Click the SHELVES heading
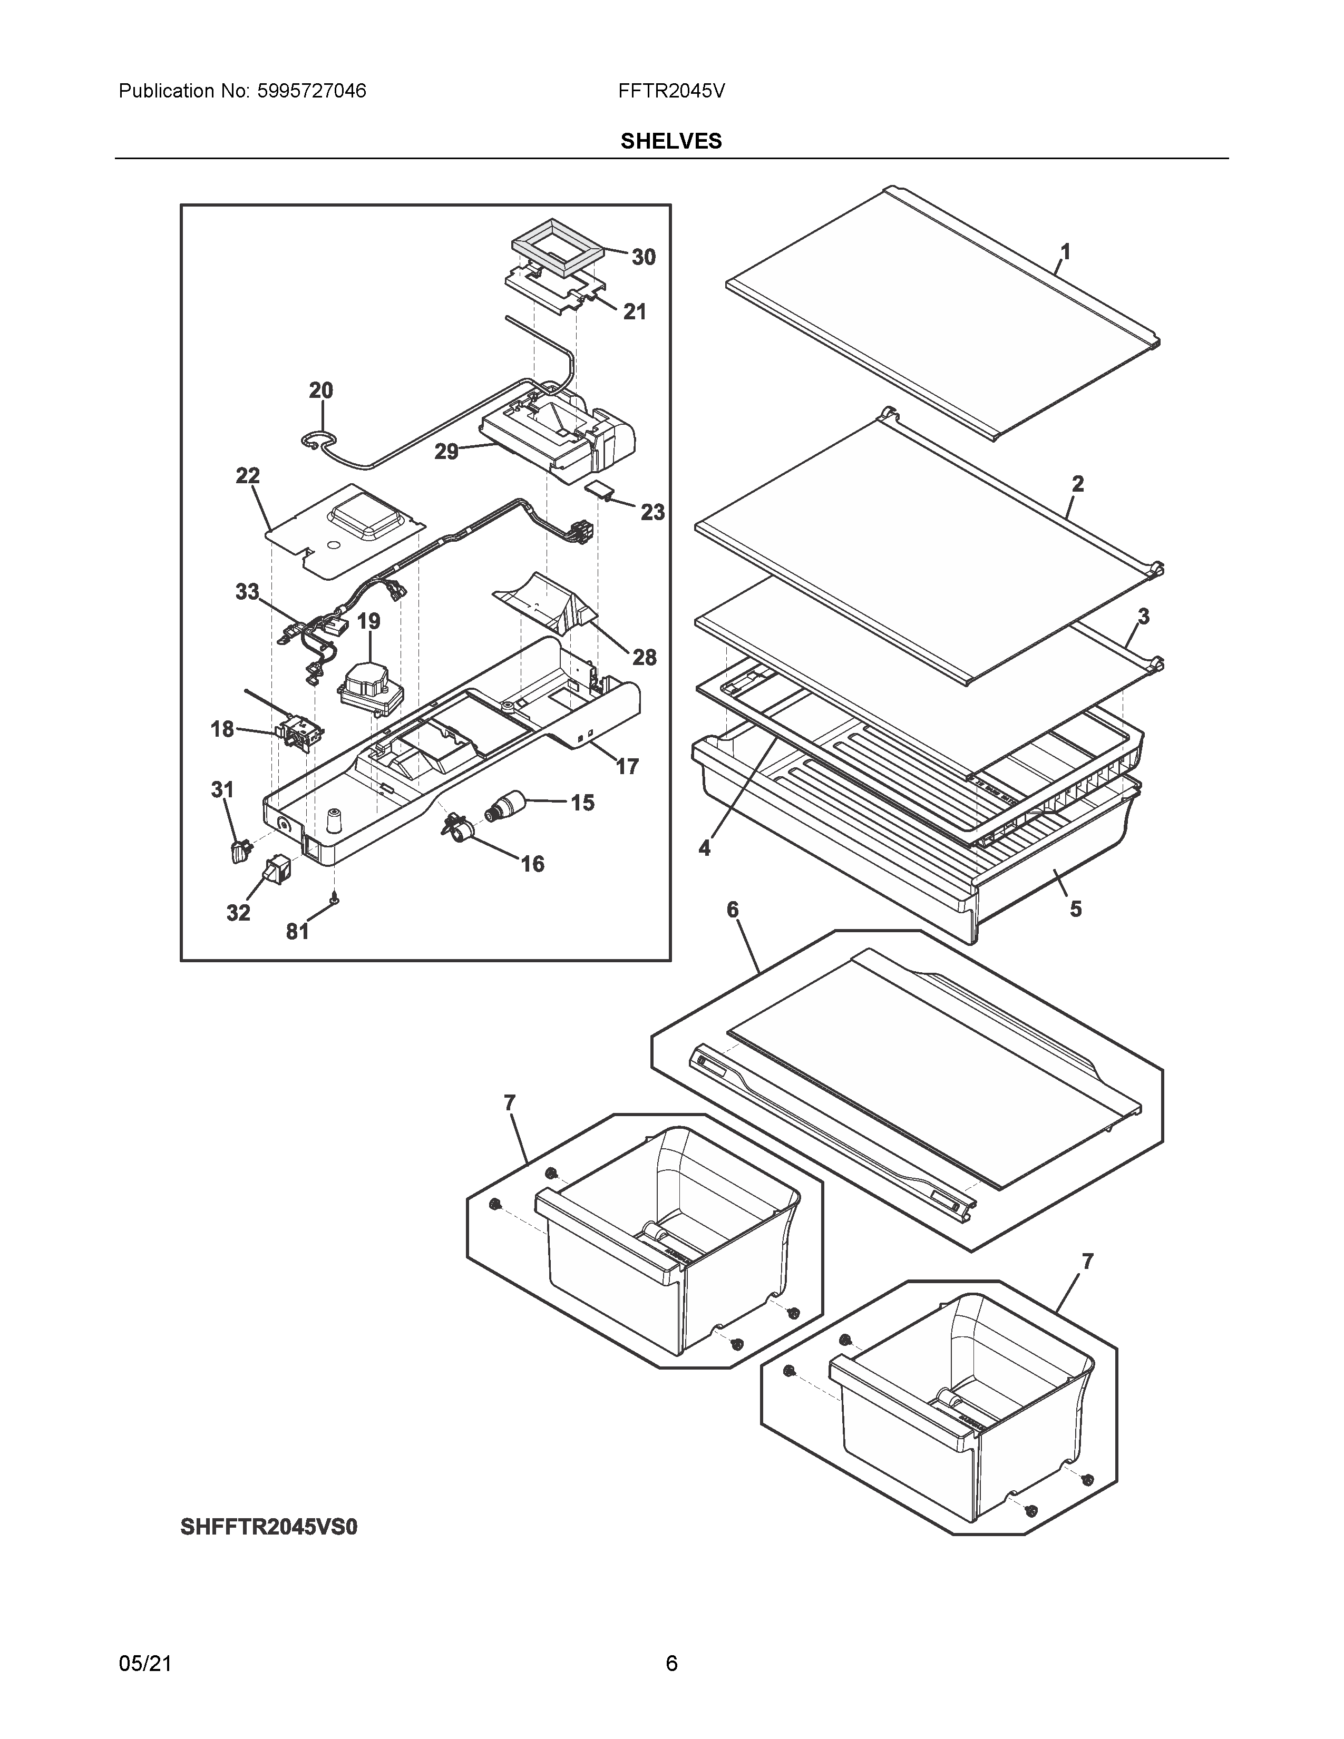pyautogui.click(x=670, y=142)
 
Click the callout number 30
pyautogui.click(x=644, y=257)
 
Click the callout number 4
pyautogui.click(x=704, y=849)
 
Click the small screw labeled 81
pyautogui.click(x=335, y=899)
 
